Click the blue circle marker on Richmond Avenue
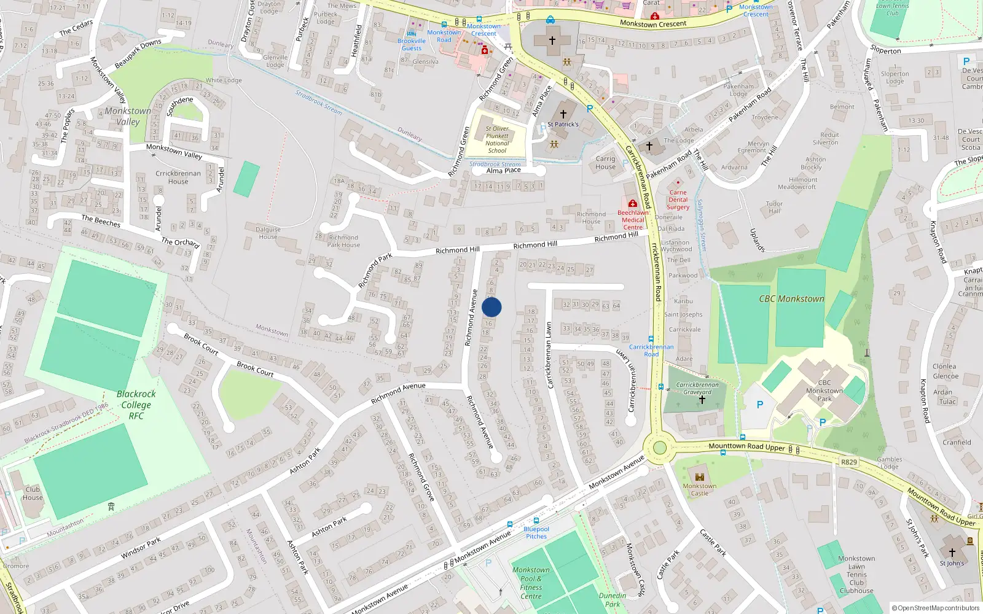point(491,307)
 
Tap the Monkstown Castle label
point(699,489)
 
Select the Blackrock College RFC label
point(136,405)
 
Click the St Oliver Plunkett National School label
point(497,139)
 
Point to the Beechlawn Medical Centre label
point(633,219)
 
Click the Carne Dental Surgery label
point(678,200)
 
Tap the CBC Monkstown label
point(791,299)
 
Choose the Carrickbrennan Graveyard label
point(697,389)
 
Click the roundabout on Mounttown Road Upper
point(659,448)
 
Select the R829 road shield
point(848,462)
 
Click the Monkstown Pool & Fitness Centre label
point(531,583)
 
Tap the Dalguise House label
point(268,233)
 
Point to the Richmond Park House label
point(343,241)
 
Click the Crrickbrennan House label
point(178,177)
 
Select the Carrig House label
point(605,163)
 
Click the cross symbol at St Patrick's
point(563,114)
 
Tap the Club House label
point(33,494)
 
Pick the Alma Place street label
point(503,171)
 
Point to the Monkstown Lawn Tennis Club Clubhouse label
point(856,575)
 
